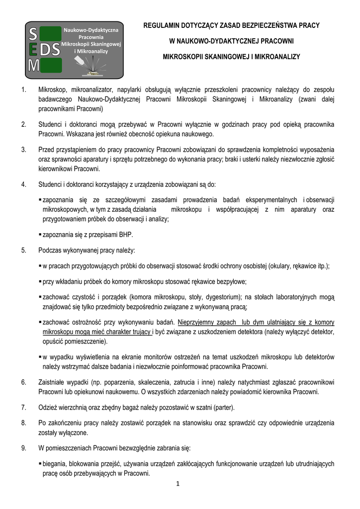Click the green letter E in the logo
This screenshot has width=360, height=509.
(33, 50)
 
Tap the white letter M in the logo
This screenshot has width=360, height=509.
(33, 65)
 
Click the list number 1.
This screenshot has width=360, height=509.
(23, 90)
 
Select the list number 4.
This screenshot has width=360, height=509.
(23, 184)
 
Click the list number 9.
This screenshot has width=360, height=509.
(23, 448)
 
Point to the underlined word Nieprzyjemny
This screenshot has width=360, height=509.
(200, 322)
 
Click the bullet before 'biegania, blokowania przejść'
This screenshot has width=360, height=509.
(40, 463)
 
